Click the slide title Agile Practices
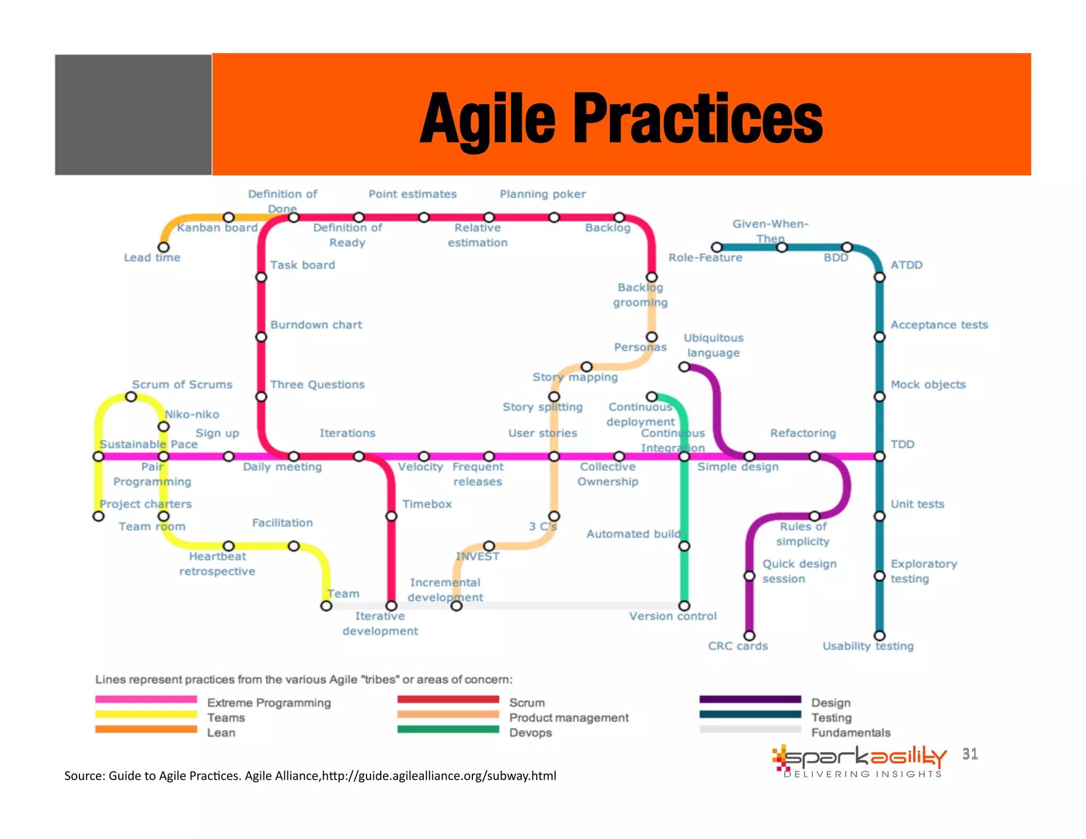click(x=620, y=118)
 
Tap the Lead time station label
click(x=152, y=258)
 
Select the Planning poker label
click(x=542, y=194)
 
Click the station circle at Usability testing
click(x=880, y=635)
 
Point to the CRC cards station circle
click(x=749, y=635)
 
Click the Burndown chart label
click(x=316, y=325)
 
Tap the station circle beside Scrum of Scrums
click(x=131, y=397)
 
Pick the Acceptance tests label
click(x=939, y=325)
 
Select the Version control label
click(x=672, y=616)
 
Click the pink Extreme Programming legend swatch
click(x=146, y=700)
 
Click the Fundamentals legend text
click(x=851, y=732)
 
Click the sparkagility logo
click(x=859, y=761)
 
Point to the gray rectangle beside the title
click(x=133, y=115)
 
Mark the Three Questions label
click(x=317, y=384)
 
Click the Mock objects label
click(x=928, y=384)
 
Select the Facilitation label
click(x=282, y=523)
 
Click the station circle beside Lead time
click(x=164, y=247)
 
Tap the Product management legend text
click(x=568, y=718)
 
